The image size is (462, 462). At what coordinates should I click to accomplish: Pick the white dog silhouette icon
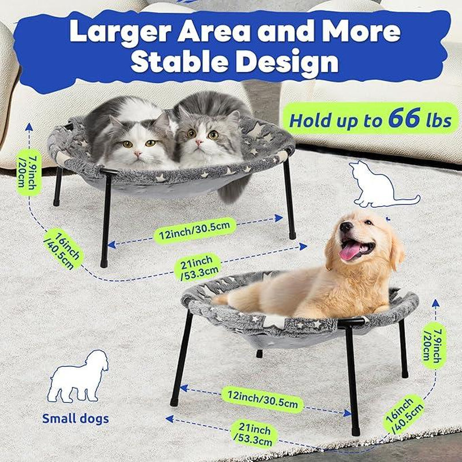[x=78, y=377]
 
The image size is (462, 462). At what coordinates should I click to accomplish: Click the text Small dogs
[x=75, y=418]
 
